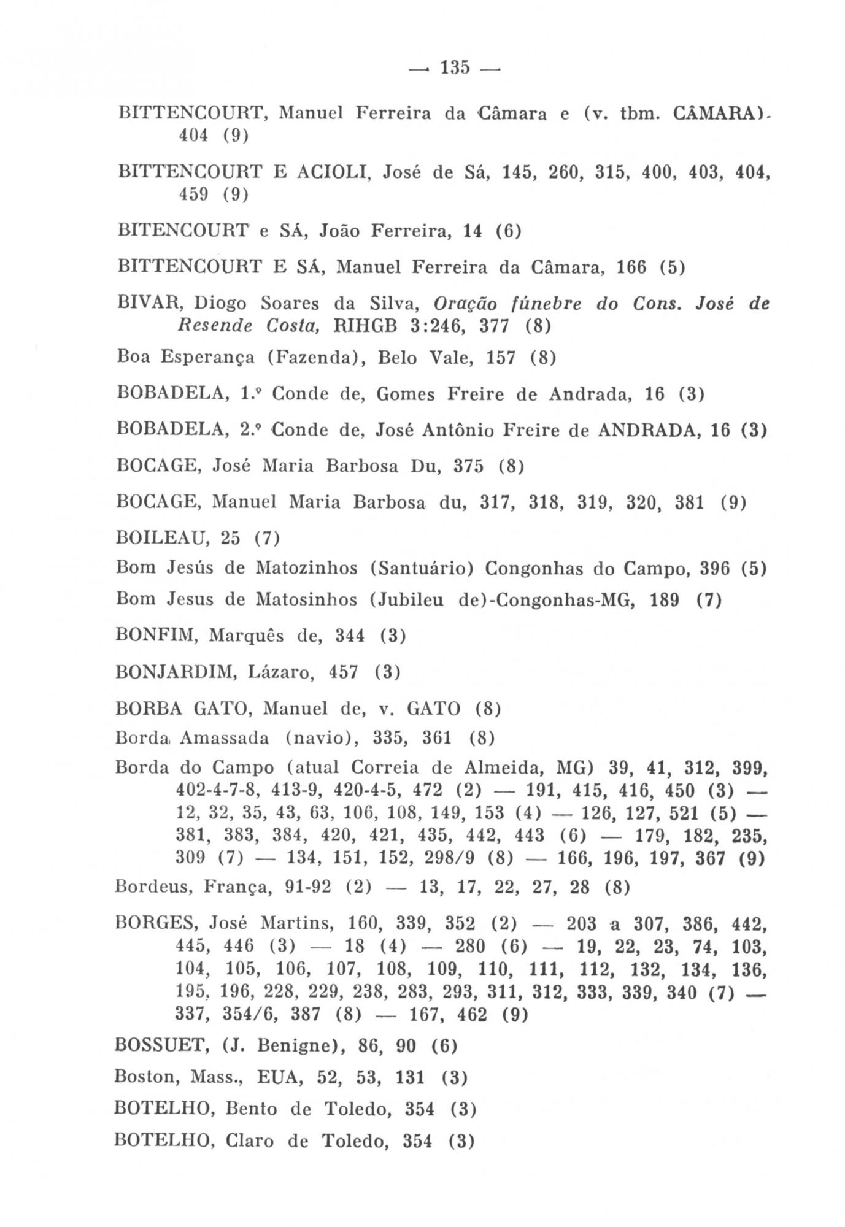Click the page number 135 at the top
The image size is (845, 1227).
[455, 67]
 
